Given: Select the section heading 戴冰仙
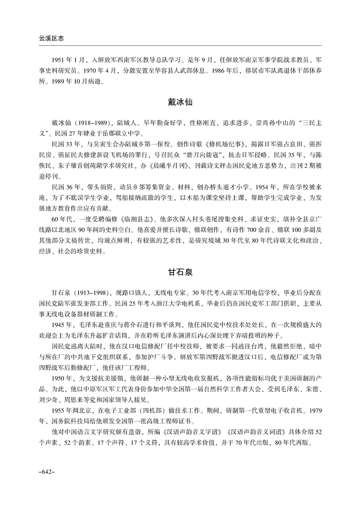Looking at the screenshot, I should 180,103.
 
